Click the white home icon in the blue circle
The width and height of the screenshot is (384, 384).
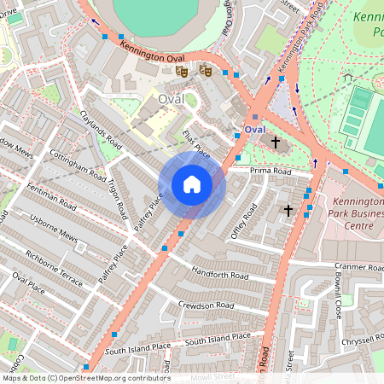pyautogui.click(x=192, y=184)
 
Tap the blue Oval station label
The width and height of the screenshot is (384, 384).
pyautogui.click(x=255, y=129)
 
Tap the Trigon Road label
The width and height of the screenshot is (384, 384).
pyautogui.click(x=117, y=198)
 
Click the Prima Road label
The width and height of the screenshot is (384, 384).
pyautogui.click(x=271, y=172)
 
